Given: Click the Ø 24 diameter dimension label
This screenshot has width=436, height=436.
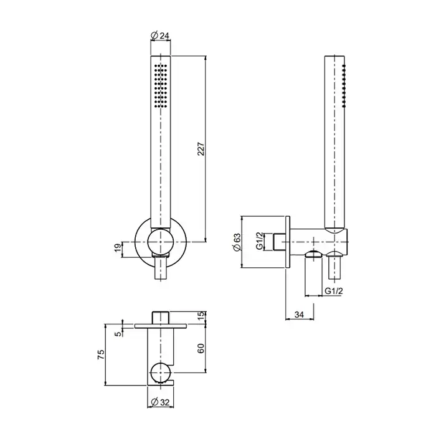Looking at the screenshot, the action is [x=159, y=36].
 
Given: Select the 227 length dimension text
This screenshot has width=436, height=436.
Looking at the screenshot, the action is [x=201, y=149].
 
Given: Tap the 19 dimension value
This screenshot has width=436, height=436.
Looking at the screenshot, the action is [x=118, y=247].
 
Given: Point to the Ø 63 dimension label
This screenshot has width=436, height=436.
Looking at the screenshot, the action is [x=237, y=242].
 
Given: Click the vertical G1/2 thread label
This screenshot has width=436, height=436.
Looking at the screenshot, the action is [x=259, y=241].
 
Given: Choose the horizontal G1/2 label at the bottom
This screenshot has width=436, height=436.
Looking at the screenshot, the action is [x=334, y=291].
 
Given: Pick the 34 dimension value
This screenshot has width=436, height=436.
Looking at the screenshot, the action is [x=299, y=315].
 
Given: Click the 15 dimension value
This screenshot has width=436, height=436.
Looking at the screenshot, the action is [x=201, y=316].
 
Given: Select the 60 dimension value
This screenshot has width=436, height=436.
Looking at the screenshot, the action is [x=201, y=348].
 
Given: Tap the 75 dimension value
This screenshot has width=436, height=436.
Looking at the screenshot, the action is [x=101, y=354].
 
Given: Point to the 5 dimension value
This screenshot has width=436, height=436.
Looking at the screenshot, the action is [x=119, y=333].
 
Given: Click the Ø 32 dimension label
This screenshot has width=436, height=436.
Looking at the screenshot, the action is [x=160, y=402].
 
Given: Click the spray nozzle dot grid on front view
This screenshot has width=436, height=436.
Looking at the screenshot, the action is [x=161, y=86].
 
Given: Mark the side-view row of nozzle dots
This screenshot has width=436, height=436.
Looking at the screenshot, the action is [x=344, y=86].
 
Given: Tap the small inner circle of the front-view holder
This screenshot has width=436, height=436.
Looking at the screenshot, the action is [x=161, y=242].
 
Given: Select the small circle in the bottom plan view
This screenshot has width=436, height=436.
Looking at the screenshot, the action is [x=160, y=372].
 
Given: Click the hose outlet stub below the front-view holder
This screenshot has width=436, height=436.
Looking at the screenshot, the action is [x=161, y=268].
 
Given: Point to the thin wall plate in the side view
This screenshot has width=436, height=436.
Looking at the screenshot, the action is [x=288, y=242].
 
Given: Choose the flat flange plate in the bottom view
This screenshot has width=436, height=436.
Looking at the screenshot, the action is [x=161, y=326].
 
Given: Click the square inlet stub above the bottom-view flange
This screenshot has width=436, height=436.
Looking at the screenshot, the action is [x=161, y=318].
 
